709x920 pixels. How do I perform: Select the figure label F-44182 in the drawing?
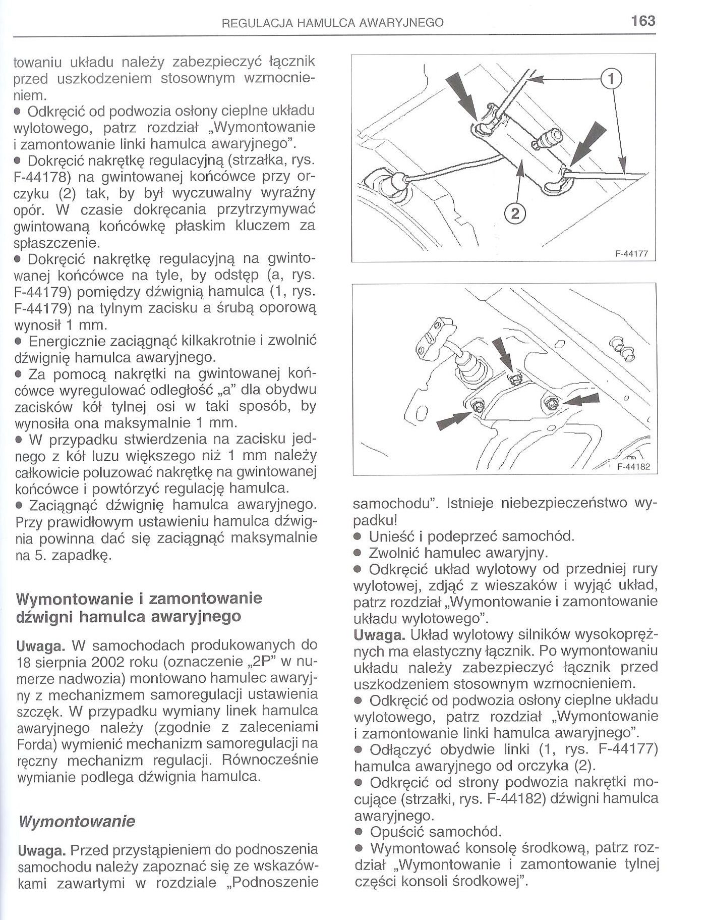[x=632, y=467]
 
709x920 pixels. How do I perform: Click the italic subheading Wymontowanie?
[x=76, y=821]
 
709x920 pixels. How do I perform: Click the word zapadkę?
[x=86, y=556]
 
